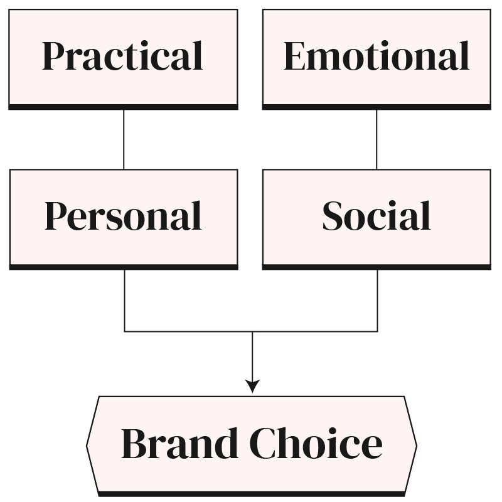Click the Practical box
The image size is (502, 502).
tap(123, 56)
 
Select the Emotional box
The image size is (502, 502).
tap(376, 56)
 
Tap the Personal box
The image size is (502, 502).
tap(123, 216)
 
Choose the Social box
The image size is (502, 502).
tap(376, 216)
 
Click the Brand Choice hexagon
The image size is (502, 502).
tap(251, 443)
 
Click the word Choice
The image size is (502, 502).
tap(316, 443)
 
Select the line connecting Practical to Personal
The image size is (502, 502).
tap(124, 139)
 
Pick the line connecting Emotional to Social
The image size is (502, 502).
tap(376, 139)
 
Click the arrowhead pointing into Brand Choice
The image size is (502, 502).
tap(252, 387)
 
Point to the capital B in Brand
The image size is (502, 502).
tap(136, 443)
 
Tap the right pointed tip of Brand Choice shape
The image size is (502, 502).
tap(415, 443)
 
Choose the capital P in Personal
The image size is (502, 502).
tap(56, 216)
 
